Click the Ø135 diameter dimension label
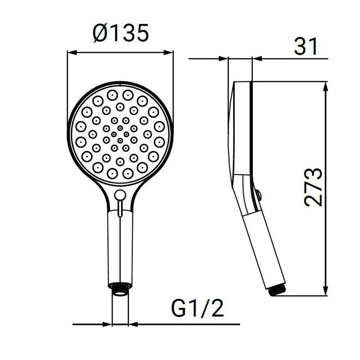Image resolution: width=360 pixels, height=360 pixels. (121, 34)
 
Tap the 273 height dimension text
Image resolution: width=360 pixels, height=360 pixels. (313, 187)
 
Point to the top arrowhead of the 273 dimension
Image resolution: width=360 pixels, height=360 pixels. (325, 86)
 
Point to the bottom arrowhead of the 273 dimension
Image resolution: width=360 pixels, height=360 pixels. (325, 292)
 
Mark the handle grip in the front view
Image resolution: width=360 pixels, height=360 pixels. (120, 247)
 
